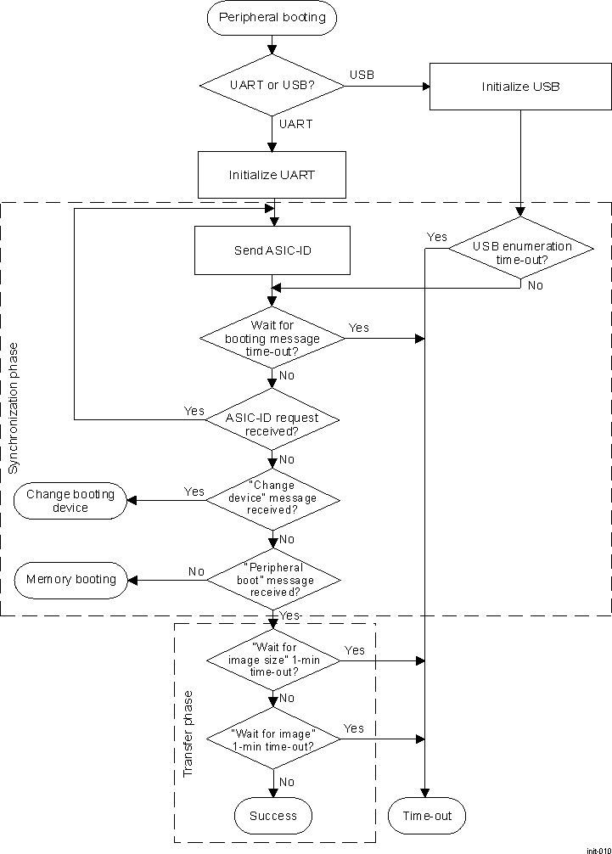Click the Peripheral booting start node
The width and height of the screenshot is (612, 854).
[x=272, y=18]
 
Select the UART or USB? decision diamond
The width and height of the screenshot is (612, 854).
[x=272, y=85]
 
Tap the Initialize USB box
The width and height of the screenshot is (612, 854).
[x=519, y=87]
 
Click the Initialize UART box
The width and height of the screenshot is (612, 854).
[x=272, y=176]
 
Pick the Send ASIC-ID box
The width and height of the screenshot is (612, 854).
[x=272, y=250]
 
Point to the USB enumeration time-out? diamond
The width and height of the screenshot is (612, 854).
[x=521, y=252]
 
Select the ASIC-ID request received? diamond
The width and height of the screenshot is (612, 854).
[x=272, y=419]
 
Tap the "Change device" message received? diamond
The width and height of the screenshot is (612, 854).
[x=272, y=498]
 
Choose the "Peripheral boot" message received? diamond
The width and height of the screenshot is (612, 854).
[x=272, y=580]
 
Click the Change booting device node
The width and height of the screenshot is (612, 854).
[x=70, y=501]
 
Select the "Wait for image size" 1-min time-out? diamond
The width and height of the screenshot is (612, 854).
[x=272, y=660]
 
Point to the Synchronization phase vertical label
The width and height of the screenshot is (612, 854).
[x=12, y=408]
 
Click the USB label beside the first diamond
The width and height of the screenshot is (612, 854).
[x=362, y=76]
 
